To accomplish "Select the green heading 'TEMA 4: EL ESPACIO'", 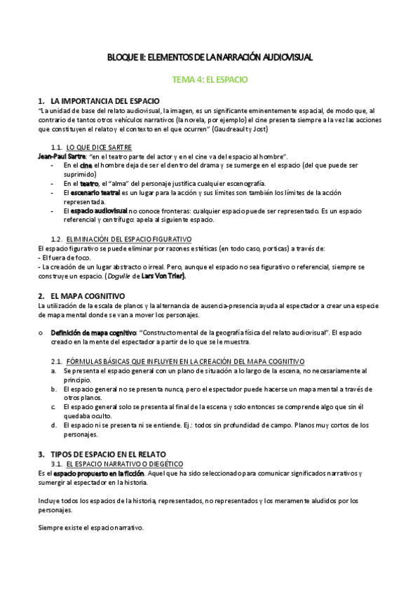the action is click(210, 80).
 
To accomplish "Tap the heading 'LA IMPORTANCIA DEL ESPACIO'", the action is click(106, 101).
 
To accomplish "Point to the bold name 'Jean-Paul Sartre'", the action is click(62, 155).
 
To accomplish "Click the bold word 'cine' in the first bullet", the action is click(88, 164).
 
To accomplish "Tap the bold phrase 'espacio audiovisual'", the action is click(99, 210).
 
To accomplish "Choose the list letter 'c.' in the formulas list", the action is click(53, 406).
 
